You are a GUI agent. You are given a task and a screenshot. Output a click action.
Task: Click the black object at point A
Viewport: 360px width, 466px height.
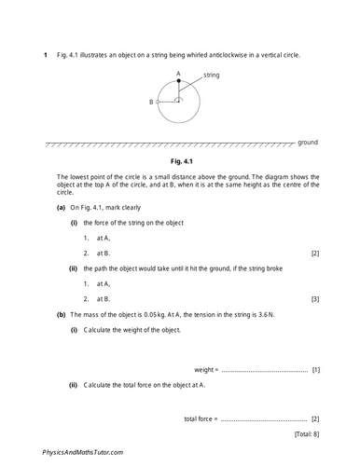179,81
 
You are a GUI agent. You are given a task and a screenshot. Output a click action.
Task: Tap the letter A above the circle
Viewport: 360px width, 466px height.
179,72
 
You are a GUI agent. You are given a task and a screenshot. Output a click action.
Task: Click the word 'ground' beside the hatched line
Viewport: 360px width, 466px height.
308,143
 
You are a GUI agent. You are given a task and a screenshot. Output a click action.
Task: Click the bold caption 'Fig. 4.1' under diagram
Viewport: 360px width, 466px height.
179,160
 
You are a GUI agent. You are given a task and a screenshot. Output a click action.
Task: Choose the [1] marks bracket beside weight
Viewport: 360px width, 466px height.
316,369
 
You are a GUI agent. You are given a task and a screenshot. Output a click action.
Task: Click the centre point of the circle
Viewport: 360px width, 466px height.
179,102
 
